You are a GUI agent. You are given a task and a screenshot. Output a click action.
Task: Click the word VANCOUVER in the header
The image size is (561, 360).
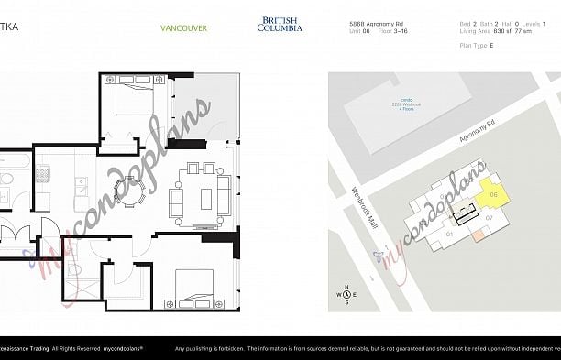183,27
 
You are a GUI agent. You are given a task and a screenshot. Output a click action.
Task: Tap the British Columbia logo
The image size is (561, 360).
279,24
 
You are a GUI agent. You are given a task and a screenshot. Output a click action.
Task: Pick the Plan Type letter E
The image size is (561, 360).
491,44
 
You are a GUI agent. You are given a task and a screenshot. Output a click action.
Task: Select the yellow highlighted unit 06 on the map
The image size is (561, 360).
492,193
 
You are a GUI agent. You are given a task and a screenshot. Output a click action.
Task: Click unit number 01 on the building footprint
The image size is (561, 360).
450,234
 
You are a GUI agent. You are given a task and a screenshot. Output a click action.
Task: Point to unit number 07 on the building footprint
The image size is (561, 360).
489,218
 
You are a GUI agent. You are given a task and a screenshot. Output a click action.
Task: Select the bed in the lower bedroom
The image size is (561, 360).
193,286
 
